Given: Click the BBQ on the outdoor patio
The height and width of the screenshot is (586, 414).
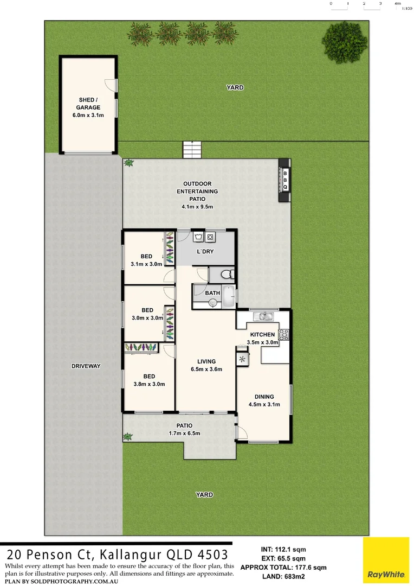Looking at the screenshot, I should click(x=285, y=180).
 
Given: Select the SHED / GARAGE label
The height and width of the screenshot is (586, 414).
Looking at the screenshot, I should click(x=88, y=103).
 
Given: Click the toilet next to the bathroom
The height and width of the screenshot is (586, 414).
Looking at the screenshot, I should click(x=228, y=274).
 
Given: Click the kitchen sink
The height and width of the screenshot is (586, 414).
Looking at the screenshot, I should click(x=266, y=316).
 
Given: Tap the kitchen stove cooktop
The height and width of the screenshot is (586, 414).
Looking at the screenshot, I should click(x=283, y=335).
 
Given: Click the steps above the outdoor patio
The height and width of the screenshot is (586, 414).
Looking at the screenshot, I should click(x=191, y=150).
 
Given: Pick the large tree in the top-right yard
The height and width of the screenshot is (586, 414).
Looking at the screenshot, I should click(x=338, y=37).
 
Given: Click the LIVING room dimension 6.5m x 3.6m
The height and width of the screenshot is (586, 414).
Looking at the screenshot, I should click(x=206, y=369).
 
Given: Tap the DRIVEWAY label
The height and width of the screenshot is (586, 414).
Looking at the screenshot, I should click(x=86, y=366).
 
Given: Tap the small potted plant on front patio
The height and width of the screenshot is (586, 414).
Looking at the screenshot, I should click(x=128, y=436).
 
